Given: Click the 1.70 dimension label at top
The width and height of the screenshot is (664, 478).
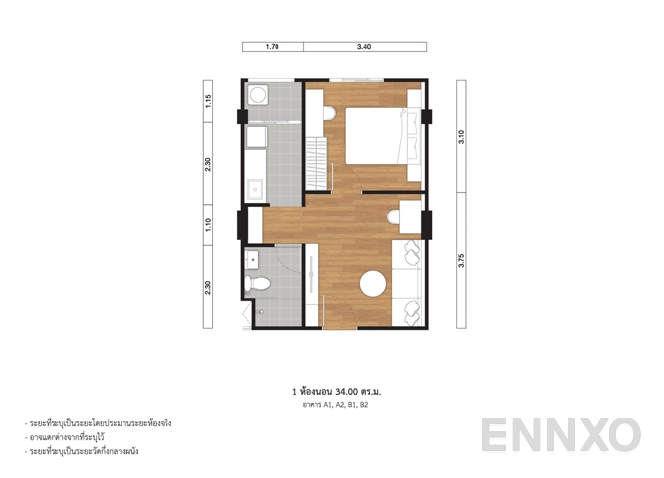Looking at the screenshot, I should pyautogui.click(x=273, y=46).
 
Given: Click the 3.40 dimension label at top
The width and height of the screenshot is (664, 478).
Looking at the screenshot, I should pyautogui.click(x=365, y=46).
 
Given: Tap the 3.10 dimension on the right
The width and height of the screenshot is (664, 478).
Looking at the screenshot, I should pyautogui.click(x=460, y=136).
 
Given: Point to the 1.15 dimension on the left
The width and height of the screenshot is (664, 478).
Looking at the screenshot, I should pyautogui.click(x=208, y=101).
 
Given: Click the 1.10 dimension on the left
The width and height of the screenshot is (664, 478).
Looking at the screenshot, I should pyautogui.click(x=208, y=225).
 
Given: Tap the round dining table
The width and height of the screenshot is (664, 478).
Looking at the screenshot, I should pyautogui.click(x=373, y=283).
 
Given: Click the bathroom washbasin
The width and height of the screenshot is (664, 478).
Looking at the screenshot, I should pyautogui.click(x=252, y=260).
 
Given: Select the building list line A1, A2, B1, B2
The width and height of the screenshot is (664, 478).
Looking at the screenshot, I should pyautogui.click(x=331, y=406).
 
